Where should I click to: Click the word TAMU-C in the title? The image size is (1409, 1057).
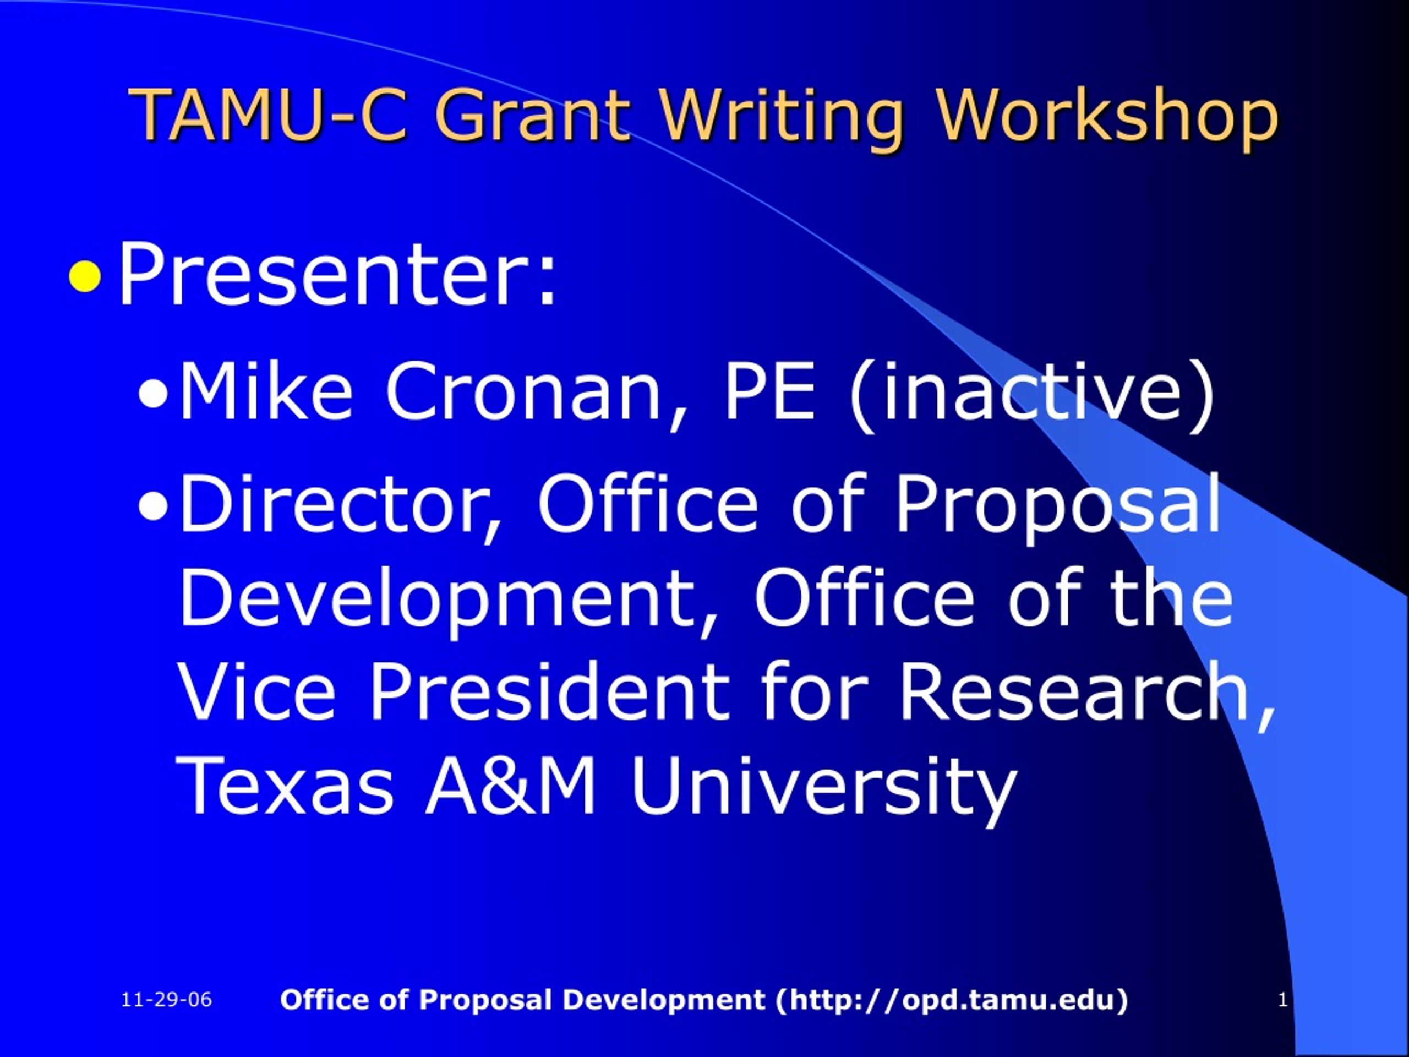(268, 115)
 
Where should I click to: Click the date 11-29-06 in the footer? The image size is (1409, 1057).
(166, 1000)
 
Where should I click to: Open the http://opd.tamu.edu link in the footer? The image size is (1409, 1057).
(952, 1000)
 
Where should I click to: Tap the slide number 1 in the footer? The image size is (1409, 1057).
(1283, 1000)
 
